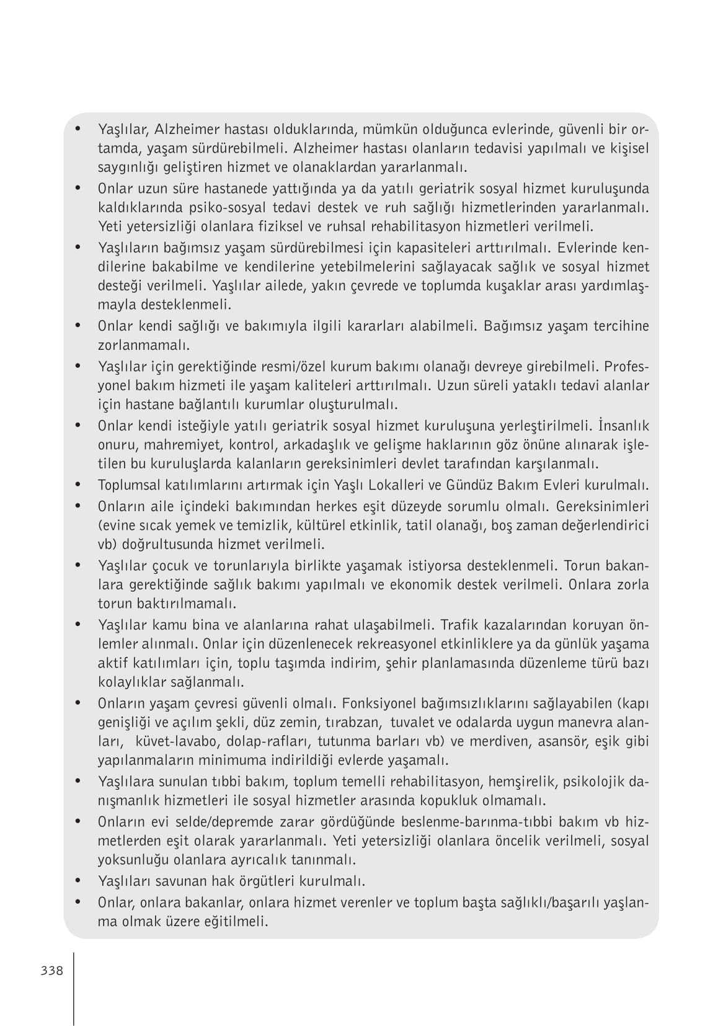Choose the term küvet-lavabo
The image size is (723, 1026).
[177, 741]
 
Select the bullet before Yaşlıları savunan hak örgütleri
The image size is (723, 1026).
[78, 880]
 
